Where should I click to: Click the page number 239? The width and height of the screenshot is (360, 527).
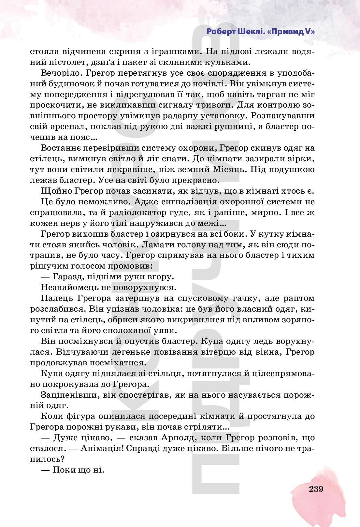point(316,489)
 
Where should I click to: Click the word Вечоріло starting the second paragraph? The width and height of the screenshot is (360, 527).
point(60,73)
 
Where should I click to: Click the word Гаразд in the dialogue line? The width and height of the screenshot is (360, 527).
point(69,277)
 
